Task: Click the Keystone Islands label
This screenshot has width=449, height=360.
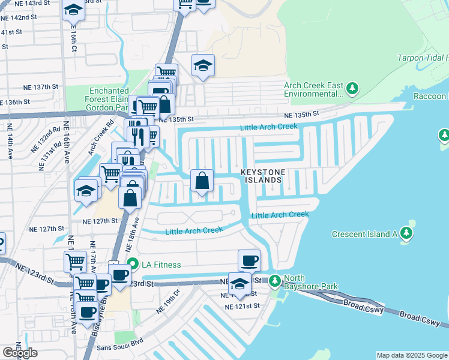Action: pos(261,175)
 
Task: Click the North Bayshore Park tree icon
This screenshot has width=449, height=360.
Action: pos(275,280)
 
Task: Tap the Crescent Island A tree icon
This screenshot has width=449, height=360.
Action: pos(406,233)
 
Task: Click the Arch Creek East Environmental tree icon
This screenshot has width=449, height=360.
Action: pos(352,89)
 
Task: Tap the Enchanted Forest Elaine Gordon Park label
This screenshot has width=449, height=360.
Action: pos(105,98)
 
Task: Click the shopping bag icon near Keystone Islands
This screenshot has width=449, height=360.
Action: pos(202,180)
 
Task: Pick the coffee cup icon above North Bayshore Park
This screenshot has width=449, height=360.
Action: pos(250,260)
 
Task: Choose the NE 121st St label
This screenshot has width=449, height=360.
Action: pos(242,306)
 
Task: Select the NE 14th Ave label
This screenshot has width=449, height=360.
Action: pos(10,141)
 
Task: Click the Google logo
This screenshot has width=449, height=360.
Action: pos(20,353)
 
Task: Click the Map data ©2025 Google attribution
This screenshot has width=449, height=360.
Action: pos(412,355)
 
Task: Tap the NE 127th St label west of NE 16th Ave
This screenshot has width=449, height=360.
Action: pos(48,229)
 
